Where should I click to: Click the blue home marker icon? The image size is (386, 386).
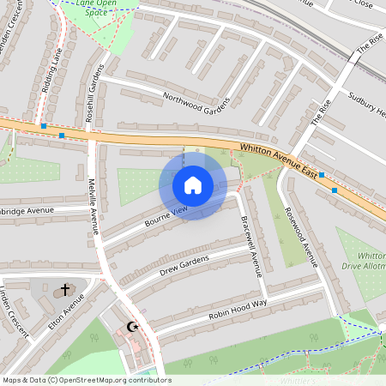pos(193,184)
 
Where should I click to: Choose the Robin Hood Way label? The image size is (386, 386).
pos(238,311)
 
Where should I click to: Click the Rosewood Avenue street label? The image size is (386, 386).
pos(302,237)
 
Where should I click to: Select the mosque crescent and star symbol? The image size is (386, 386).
pos(132,327)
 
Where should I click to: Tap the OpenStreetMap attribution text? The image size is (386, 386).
pos(87,379)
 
